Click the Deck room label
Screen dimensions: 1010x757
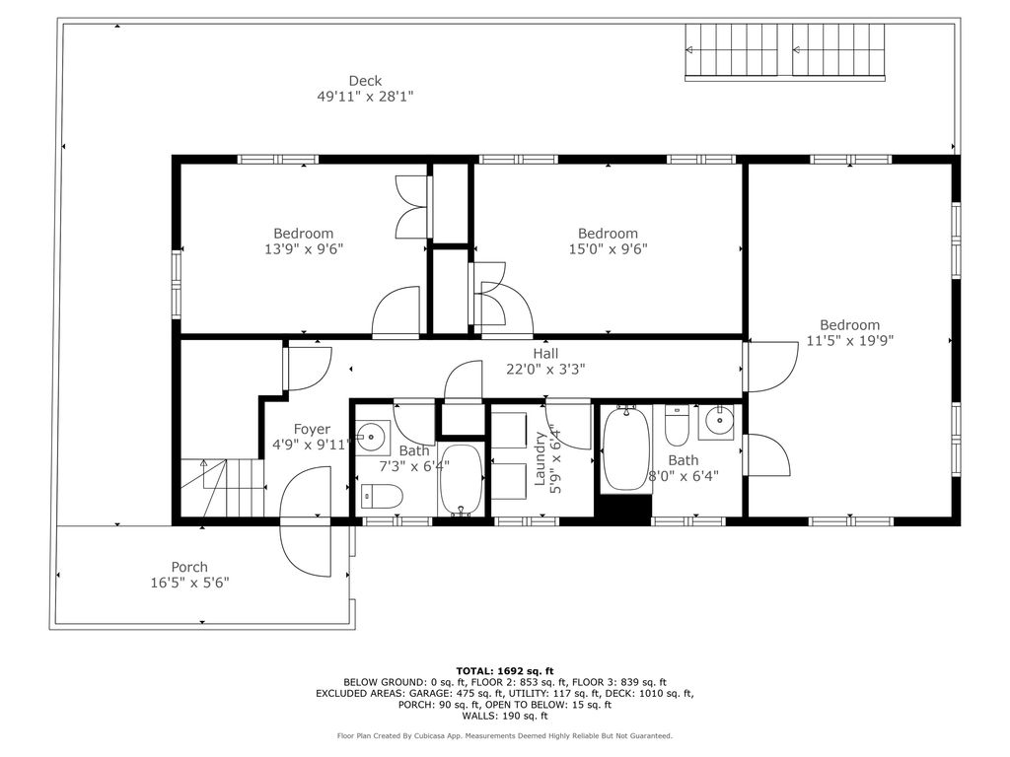point(365,81)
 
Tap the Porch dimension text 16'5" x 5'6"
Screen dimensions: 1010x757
point(190,584)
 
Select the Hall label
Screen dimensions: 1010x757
point(545,354)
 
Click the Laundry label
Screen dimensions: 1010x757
point(540,458)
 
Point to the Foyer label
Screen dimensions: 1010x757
point(312,430)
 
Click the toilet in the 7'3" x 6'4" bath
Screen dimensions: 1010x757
point(382,497)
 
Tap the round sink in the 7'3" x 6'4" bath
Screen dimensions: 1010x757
point(372,437)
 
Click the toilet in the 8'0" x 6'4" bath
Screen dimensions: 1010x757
point(677,425)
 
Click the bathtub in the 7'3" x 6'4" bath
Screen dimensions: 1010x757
point(462,480)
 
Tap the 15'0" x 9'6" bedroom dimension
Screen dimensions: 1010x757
point(608,249)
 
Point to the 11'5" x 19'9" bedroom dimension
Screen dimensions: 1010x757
point(850,340)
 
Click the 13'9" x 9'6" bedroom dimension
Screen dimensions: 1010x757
point(304,249)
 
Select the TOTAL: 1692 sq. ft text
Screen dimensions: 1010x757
point(505,671)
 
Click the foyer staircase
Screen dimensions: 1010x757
point(222,487)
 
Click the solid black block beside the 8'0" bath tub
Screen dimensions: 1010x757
point(623,509)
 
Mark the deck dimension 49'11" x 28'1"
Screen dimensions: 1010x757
point(365,98)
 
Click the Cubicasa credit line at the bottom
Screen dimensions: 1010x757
point(505,735)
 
